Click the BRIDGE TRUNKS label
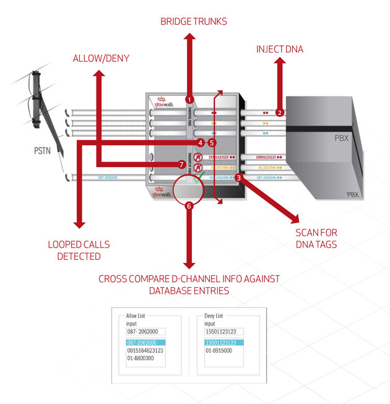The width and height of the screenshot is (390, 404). pyautogui.click(x=194, y=22)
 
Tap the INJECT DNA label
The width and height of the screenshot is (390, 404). pyautogui.click(x=280, y=48)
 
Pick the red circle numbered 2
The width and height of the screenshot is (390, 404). pyautogui.click(x=280, y=113)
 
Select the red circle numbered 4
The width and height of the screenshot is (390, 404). pyautogui.click(x=200, y=142)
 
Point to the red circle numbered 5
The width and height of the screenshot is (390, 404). pyautogui.click(x=212, y=142)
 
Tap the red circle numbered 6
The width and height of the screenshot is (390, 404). pyautogui.click(x=189, y=206)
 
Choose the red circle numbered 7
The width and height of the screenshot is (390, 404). pyautogui.click(x=181, y=165)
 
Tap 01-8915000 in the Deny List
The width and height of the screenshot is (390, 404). pyautogui.click(x=220, y=351)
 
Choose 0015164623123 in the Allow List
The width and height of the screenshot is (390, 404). pyautogui.click(x=145, y=351)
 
